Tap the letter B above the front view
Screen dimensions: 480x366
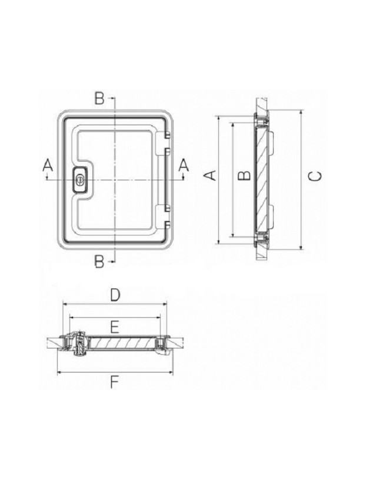[100, 99]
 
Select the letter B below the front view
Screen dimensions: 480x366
[100, 261]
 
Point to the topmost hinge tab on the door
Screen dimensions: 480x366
[167, 133]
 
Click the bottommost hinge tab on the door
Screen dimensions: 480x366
[167, 225]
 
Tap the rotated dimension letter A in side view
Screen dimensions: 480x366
[210, 175]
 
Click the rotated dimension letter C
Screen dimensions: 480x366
[315, 176]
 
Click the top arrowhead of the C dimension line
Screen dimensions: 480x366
[301, 112]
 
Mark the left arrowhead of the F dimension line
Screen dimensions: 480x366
[59, 372]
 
